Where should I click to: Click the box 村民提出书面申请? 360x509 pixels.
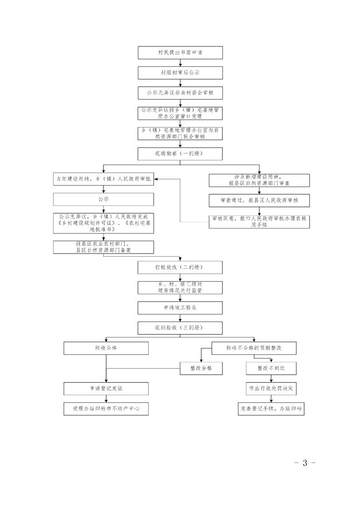(x=180, y=53)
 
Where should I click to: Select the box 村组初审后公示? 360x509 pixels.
(x=180, y=73)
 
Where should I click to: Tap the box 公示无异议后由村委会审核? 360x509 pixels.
(x=180, y=93)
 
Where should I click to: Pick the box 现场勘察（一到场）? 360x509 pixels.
(x=180, y=154)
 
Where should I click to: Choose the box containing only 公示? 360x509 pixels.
(x=104, y=199)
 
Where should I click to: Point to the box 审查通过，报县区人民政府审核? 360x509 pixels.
(x=259, y=200)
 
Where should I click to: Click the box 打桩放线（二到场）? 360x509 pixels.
(x=180, y=267)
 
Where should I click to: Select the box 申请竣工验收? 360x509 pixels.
(x=180, y=308)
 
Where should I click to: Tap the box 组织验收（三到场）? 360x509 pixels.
(x=180, y=328)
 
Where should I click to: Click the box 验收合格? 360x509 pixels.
(x=106, y=348)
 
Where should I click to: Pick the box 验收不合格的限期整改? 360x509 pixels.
(x=254, y=348)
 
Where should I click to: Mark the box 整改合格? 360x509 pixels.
(x=202, y=368)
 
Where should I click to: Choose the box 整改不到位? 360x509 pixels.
(x=271, y=368)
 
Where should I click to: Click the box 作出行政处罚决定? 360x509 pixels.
(x=271, y=388)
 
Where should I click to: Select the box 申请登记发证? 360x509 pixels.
(x=106, y=388)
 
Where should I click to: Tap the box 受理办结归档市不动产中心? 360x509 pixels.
(x=106, y=408)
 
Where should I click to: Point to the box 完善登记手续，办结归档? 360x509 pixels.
(x=271, y=408)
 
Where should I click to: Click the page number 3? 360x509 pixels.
(x=305, y=463)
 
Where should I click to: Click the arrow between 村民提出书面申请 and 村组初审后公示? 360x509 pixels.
(x=180, y=63)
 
